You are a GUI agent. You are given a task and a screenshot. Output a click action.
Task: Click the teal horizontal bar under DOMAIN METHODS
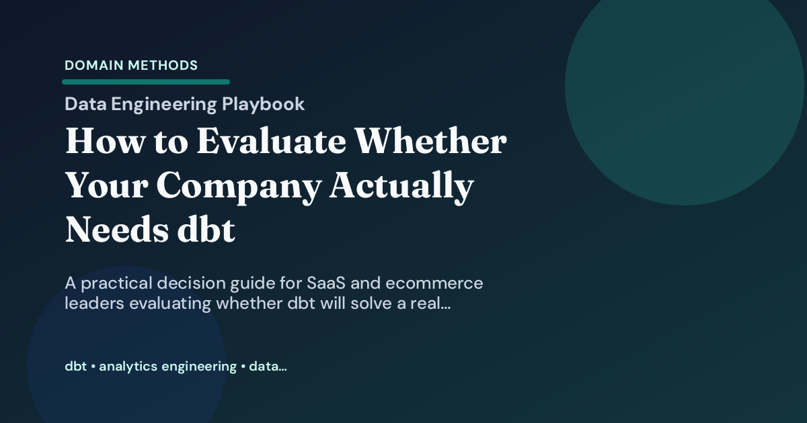coord(146,82)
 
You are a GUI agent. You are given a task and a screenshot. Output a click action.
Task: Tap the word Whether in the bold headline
coord(431,142)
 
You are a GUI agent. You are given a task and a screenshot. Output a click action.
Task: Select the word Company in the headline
coord(239,187)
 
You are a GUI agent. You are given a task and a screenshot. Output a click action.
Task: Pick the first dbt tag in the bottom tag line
coord(75,367)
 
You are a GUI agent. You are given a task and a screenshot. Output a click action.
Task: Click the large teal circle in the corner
coord(684,85)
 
